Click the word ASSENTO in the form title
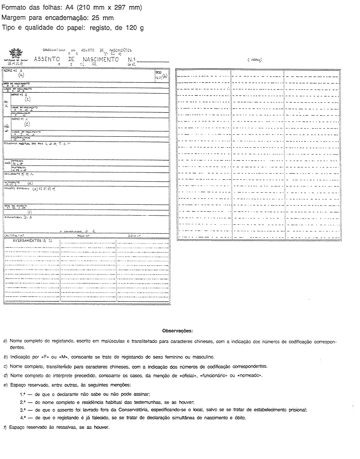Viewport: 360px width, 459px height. point(46,61)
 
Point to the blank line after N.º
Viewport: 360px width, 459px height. point(153,62)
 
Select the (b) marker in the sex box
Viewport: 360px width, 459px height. point(165,76)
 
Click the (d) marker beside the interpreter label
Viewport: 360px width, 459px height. point(30,183)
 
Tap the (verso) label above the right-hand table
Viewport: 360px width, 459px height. point(254,60)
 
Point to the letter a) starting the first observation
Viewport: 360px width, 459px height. point(4,342)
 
